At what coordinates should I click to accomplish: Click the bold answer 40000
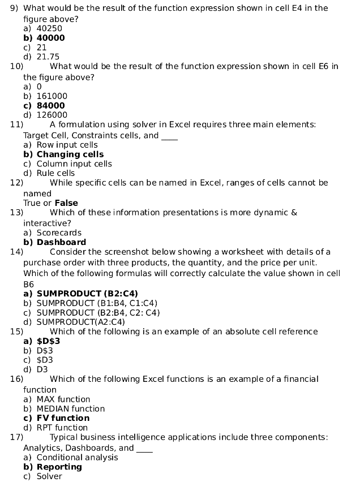click(50, 38)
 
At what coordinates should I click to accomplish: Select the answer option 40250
click(49, 28)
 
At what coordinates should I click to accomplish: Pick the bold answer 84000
click(50, 105)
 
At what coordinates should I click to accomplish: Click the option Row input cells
click(67, 145)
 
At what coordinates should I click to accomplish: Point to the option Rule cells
click(55, 173)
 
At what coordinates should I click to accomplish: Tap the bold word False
click(66, 203)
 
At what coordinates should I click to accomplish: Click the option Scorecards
click(59, 233)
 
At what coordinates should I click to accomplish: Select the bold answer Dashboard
click(61, 242)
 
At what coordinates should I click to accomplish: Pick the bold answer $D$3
click(48, 341)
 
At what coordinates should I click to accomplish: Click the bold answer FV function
click(63, 418)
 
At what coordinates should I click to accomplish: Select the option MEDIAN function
click(71, 408)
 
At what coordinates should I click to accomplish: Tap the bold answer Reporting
click(59, 467)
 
